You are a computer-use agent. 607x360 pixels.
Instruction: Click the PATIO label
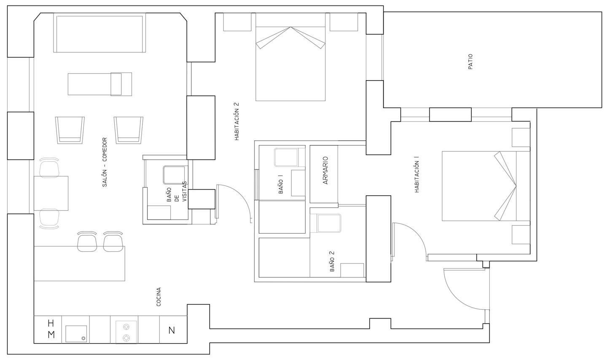(470, 62)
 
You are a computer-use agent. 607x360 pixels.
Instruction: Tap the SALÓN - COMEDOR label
(105, 162)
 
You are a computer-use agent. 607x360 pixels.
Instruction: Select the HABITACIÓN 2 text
(237, 121)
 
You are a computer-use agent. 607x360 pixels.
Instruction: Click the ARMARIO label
(326, 170)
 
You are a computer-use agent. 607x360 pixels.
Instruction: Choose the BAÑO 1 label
(281, 184)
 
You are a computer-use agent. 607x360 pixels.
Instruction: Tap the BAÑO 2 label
(332, 261)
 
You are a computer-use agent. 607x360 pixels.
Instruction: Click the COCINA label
(159, 297)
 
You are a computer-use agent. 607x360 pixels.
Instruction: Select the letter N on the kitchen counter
(172, 330)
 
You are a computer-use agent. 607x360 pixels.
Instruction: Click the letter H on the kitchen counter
(51, 323)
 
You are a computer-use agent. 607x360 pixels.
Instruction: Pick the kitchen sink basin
(76, 334)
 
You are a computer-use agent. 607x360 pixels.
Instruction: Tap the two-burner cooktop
(126, 332)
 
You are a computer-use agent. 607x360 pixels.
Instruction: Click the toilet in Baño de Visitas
(174, 175)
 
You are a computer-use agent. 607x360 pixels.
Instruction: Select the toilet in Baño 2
(327, 223)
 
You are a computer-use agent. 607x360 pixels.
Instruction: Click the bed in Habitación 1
(486, 186)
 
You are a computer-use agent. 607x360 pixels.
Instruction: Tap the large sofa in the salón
(100, 33)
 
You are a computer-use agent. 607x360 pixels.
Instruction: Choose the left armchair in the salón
(70, 130)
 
